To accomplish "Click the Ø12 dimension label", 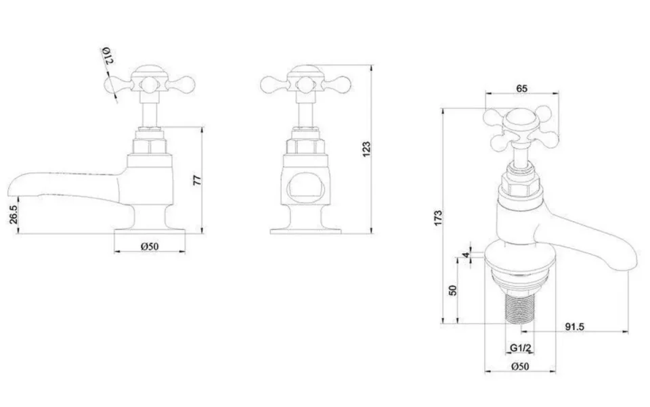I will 108,56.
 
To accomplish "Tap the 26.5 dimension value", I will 14,216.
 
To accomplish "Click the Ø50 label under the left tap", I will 149,247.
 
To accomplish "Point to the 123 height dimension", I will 366,149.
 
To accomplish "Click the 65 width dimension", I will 522,89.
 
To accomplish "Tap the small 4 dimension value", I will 465,255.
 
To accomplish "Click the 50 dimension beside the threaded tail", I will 453,289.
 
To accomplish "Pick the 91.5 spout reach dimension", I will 574,327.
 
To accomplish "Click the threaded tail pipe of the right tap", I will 519,303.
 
